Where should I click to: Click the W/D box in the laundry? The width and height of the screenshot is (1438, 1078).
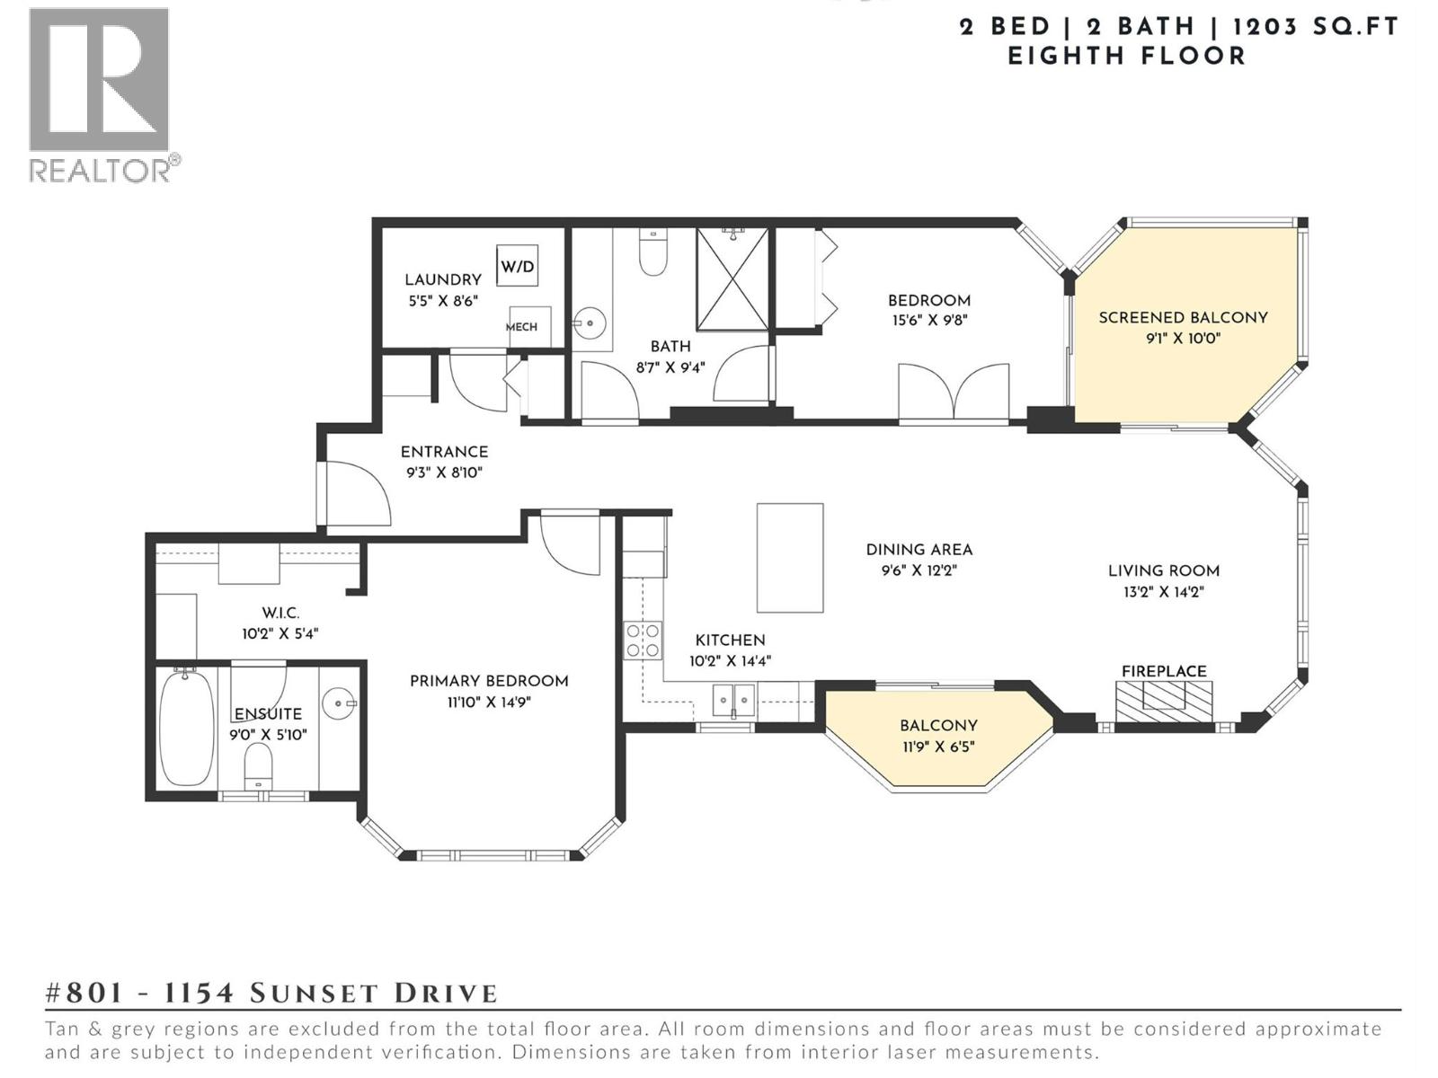(x=517, y=266)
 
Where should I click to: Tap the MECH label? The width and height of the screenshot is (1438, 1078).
(x=521, y=327)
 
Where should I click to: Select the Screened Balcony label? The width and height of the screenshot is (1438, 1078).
(x=1183, y=317)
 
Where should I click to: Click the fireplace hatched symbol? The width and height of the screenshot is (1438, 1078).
(x=1164, y=700)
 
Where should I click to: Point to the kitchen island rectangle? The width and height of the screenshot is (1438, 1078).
(x=790, y=558)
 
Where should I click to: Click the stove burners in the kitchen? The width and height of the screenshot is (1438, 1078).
(x=643, y=641)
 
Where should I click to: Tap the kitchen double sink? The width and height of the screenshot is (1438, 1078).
(x=733, y=700)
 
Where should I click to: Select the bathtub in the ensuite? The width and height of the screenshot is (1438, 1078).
(x=187, y=728)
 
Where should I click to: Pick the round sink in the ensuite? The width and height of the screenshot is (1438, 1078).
(x=339, y=703)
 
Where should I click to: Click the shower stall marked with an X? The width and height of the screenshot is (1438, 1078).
(x=732, y=279)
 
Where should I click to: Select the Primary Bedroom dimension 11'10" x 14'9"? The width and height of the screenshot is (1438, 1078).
(x=489, y=702)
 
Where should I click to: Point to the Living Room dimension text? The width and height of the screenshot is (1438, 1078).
(x=1163, y=592)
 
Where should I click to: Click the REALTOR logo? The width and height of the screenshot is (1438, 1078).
(x=101, y=94)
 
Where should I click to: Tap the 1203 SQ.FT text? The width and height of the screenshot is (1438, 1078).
(x=1315, y=27)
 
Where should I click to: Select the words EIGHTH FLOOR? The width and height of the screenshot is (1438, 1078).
(x=1126, y=56)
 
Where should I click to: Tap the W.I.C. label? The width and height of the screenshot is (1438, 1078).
(x=280, y=613)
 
